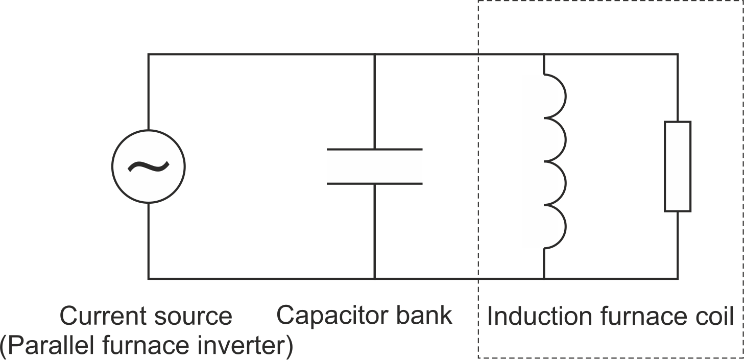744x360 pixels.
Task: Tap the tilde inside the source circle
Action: point(149,166)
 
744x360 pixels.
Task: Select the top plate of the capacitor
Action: point(374,150)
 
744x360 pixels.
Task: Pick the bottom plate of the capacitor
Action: point(374,183)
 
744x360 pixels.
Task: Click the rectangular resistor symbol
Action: point(678,166)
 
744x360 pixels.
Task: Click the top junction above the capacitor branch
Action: point(374,54)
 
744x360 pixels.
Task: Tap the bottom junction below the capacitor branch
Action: point(374,278)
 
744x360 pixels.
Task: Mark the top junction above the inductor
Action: point(544,54)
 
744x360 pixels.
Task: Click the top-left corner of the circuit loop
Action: point(149,54)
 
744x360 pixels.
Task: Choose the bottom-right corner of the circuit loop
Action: point(678,278)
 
